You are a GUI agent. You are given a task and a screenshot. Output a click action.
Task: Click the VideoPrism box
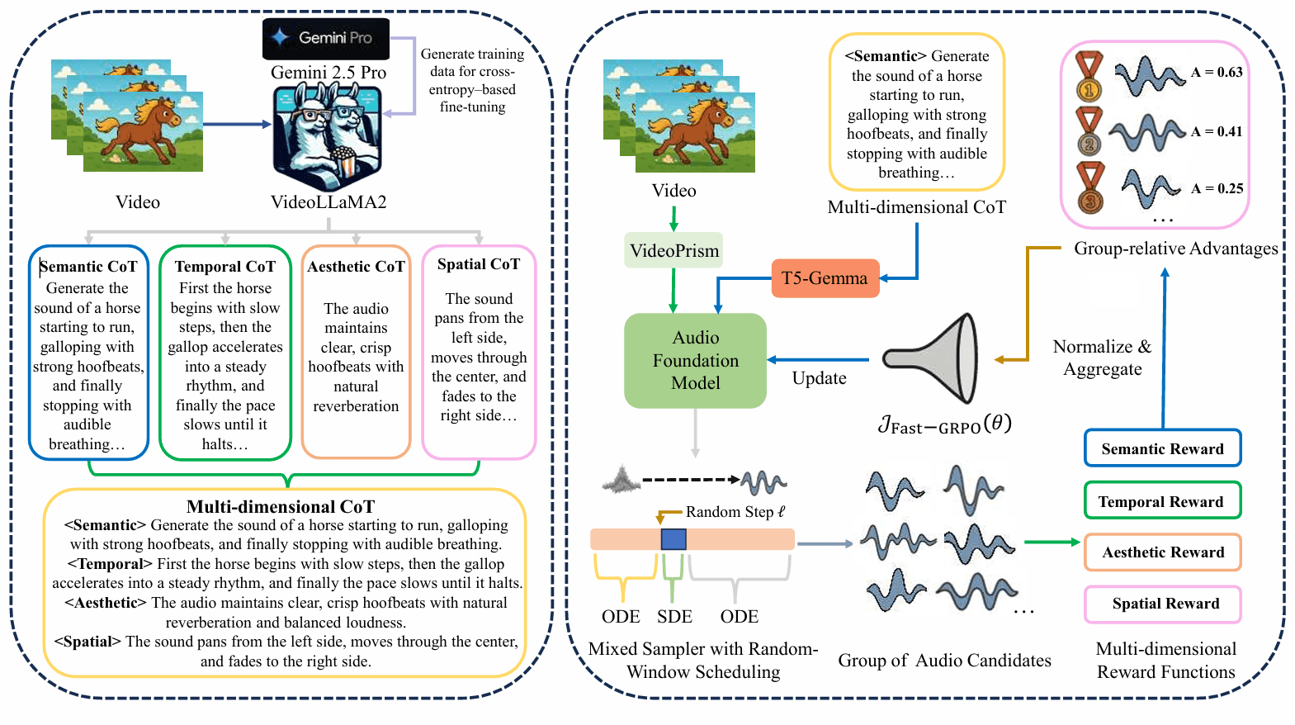673,250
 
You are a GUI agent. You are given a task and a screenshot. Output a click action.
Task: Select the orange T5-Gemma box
825,278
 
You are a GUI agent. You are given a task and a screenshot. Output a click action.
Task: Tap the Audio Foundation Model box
695,360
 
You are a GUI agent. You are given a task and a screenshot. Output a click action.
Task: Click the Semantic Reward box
1162,448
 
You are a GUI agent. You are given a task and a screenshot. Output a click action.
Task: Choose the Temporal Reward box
1161,501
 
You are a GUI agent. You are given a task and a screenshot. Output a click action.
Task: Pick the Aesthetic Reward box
1162,552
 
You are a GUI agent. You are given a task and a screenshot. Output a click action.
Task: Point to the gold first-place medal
1089,77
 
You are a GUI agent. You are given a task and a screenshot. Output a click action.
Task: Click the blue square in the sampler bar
673,539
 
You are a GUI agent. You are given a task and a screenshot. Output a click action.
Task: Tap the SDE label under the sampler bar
674,616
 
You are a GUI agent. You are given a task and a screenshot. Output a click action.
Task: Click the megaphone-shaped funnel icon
933,358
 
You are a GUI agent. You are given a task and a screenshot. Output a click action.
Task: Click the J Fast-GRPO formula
944,425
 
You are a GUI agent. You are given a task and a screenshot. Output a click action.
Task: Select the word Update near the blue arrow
819,378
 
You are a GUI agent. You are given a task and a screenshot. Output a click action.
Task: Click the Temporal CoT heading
224,267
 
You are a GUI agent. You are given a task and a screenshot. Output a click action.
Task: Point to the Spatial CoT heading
479,264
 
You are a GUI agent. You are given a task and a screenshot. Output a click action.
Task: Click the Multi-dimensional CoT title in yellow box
281,506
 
